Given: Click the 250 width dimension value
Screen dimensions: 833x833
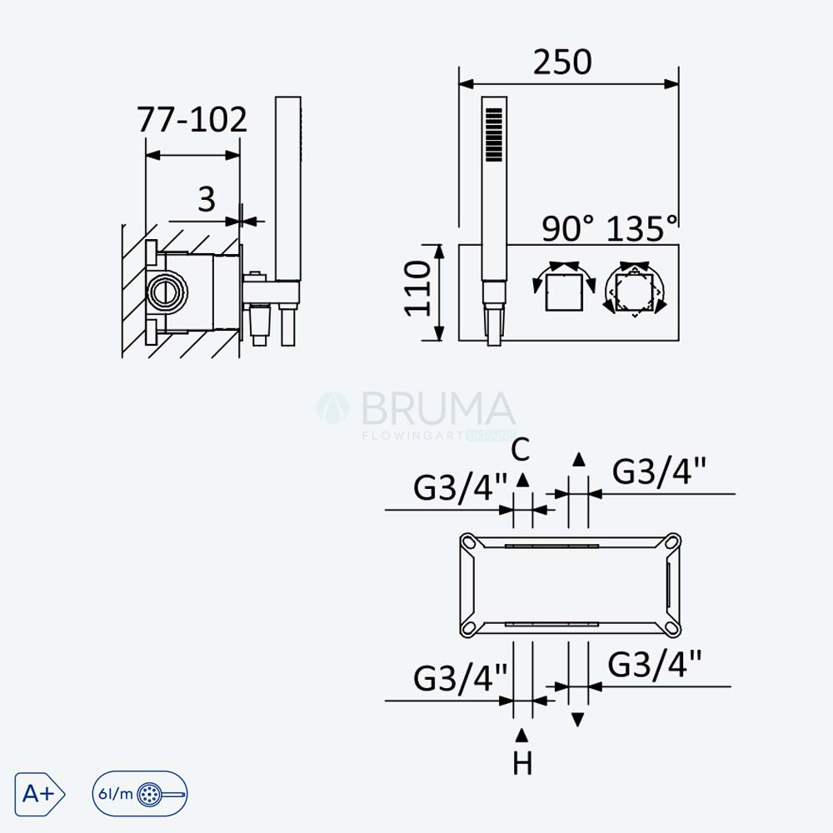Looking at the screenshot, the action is [562, 62].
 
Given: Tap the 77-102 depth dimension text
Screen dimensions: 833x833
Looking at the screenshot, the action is [192, 119].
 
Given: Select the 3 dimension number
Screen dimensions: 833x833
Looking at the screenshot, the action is [207, 199].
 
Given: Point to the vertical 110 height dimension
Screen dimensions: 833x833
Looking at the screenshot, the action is [417, 288].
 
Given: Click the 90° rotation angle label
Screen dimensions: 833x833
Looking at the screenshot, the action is [567, 229].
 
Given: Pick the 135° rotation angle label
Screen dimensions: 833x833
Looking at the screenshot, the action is [641, 229].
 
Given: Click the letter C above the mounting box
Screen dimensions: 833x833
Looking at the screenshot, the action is [521, 450].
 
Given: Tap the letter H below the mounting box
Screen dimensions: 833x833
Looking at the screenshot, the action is [522, 763].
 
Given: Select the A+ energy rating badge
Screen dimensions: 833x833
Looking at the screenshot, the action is [40, 794].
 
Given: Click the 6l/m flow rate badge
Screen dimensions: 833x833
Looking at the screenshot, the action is [140, 794].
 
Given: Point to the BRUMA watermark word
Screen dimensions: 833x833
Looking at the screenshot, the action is [438, 409].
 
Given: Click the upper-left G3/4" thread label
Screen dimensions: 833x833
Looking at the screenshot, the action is [460, 486].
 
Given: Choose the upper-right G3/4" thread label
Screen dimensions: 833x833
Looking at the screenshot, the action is [659, 471].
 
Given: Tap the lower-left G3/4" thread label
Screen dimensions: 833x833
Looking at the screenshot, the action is [460, 677].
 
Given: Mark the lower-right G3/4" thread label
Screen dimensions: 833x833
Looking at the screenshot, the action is [655, 664].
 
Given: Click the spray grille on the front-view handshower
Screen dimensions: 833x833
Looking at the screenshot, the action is [494, 134].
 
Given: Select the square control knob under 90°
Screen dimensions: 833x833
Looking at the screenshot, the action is [564, 293].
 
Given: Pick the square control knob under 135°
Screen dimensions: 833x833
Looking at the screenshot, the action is [635, 292].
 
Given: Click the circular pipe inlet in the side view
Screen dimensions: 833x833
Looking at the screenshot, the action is [167, 291].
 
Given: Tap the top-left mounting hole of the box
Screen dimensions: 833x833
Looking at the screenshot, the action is [469, 542].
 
